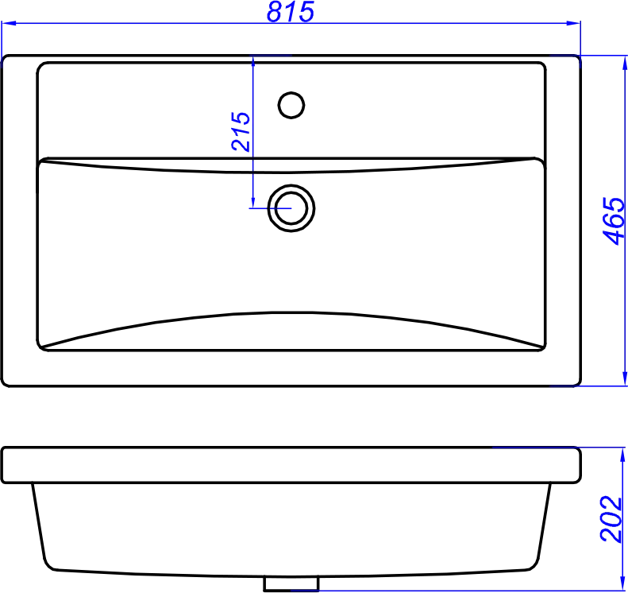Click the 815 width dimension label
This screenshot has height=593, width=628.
tap(291, 11)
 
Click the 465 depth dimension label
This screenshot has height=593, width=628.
tap(614, 220)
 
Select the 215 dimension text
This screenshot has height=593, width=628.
tap(241, 131)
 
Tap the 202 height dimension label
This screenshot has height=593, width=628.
tap(611, 519)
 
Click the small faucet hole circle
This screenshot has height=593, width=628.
tap(291, 105)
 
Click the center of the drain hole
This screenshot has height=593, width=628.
tap(291, 208)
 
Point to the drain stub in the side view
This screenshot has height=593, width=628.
tap(291, 583)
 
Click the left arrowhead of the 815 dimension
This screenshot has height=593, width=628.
tap(9, 23)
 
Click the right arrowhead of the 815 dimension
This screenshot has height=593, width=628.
tap(573, 23)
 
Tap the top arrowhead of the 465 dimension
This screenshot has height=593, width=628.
tap(624, 63)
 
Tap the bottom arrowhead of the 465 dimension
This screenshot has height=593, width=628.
tap(624, 379)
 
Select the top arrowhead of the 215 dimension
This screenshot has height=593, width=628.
tap(252, 64)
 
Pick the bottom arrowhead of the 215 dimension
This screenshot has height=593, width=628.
tap(252, 201)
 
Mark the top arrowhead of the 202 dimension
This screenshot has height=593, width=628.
tap(622, 455)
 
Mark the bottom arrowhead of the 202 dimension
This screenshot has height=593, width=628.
tap(622, 583)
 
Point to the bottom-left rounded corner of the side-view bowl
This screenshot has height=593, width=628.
tap(48, 565)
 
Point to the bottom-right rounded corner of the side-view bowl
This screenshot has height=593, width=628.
tap(534, 565)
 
